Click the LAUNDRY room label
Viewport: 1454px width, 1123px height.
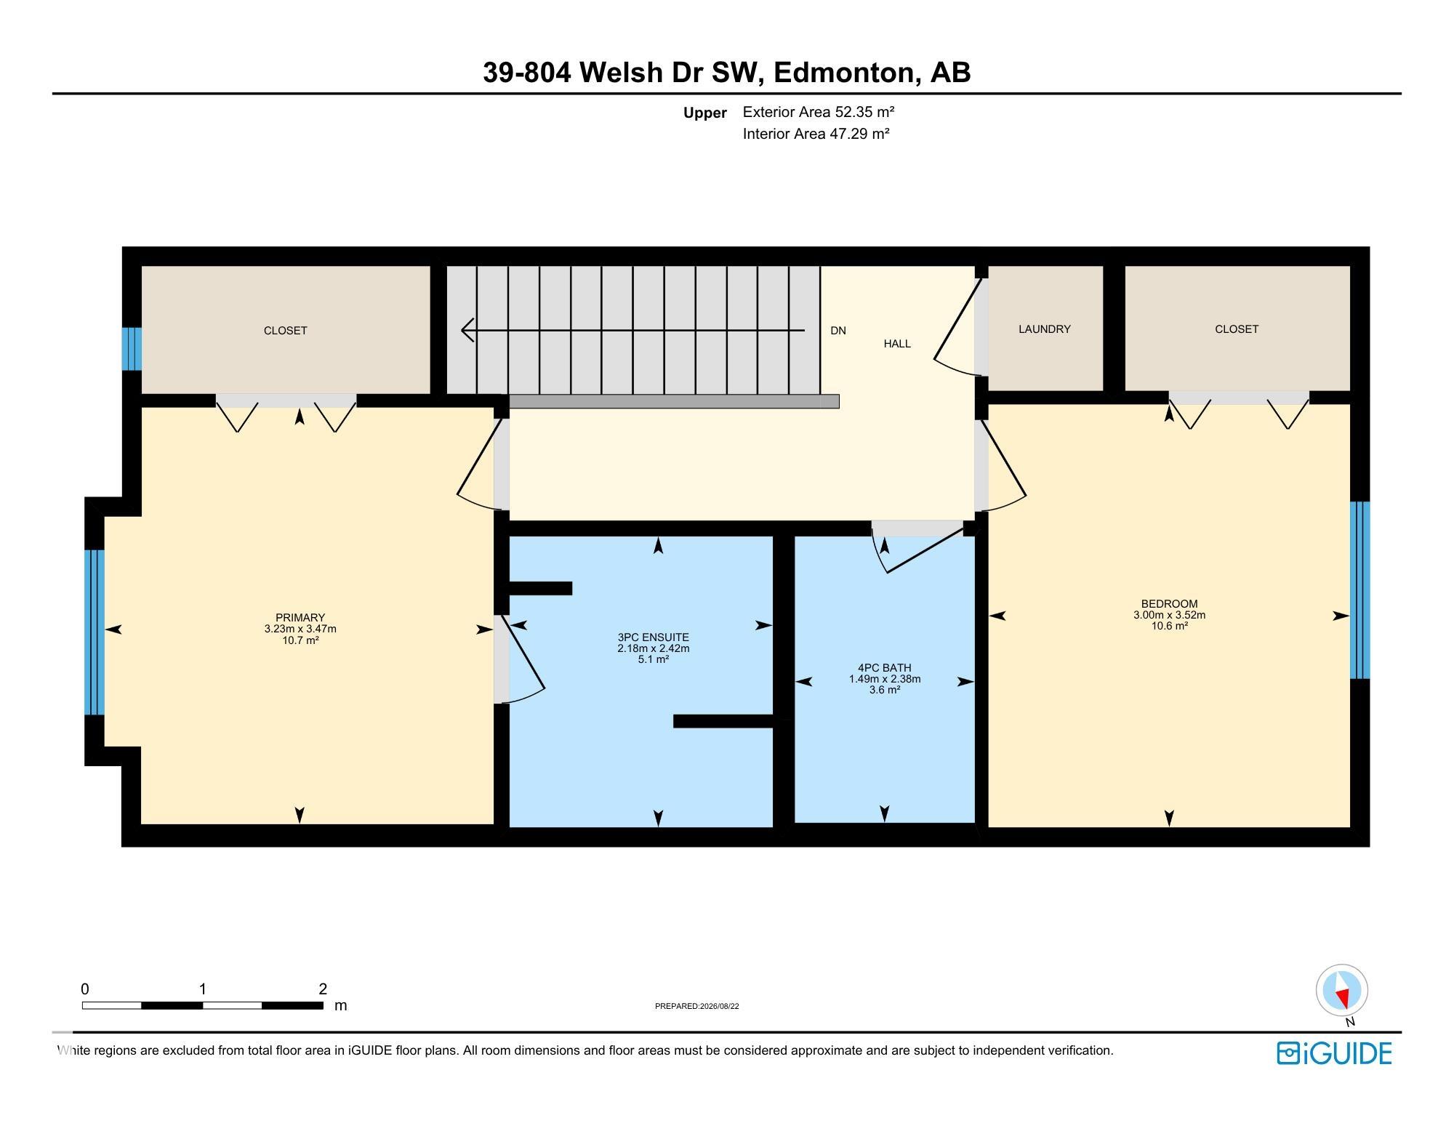pos(1044,329)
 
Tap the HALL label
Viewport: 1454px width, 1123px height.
pos(897,344)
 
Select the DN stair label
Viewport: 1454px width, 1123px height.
pos(838,331)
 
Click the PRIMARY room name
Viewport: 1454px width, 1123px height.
pos(300,618)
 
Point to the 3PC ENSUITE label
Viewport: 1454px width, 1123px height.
pos(654,637)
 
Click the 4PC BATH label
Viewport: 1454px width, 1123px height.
pos(885,668)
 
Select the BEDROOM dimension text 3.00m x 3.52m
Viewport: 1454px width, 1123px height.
pos(1169,615)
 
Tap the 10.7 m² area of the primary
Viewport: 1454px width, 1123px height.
pos(300,640)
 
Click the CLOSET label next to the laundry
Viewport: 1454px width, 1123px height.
pos(1237,329)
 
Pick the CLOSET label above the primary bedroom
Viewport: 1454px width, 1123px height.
pos(286,331)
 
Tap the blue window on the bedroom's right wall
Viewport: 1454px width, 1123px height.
pos(1360,590)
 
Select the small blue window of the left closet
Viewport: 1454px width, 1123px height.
pos(132,349)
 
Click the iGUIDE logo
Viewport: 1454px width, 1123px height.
pos(1334,1053)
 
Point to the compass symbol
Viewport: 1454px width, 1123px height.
pos(1342,991)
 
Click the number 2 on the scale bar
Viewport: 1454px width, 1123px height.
pos(323,989)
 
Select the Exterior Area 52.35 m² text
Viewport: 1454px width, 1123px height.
pos(819,112)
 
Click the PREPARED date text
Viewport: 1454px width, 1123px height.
pos(697,1006)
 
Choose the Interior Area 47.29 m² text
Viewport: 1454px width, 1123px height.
pos(816,134)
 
